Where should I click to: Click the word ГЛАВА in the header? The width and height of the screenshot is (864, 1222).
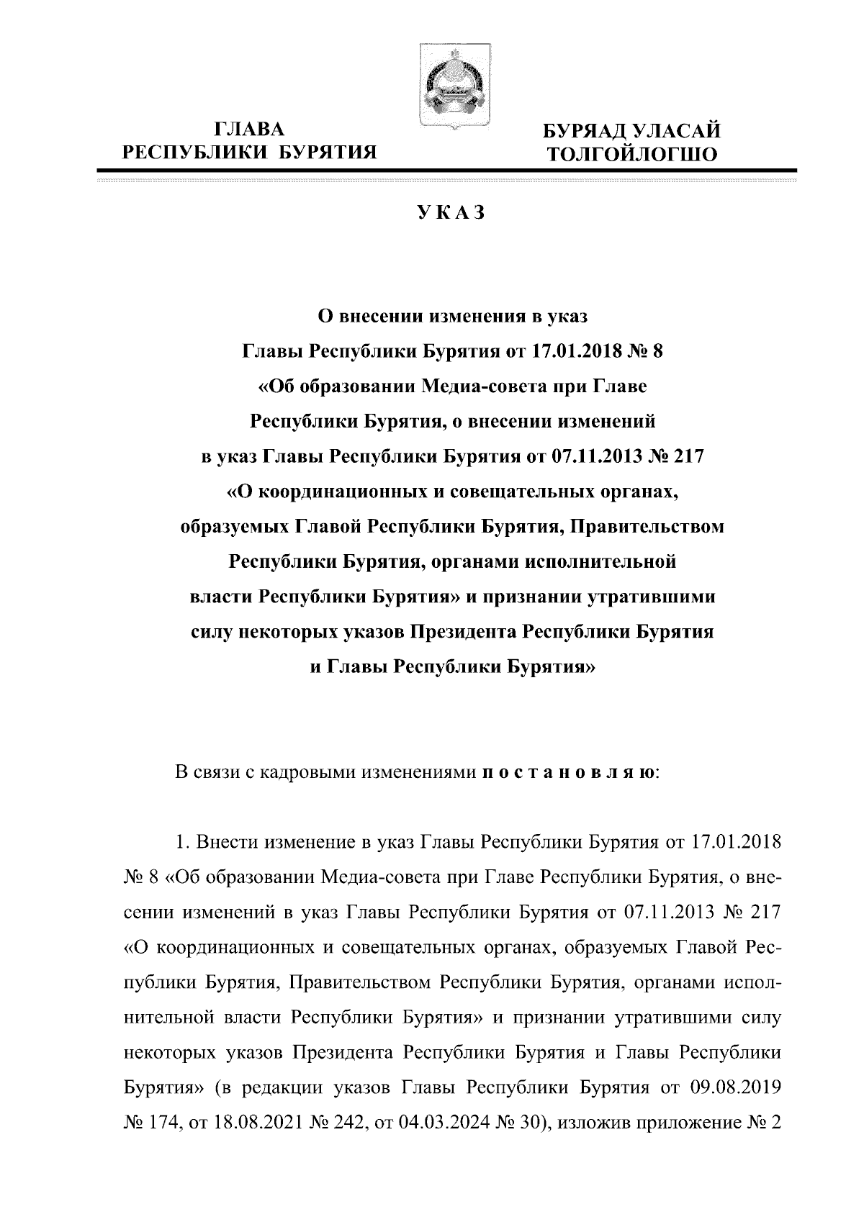250,130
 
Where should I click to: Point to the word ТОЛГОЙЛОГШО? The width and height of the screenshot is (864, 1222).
631,154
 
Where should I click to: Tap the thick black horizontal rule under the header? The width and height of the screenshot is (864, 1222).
446,171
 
